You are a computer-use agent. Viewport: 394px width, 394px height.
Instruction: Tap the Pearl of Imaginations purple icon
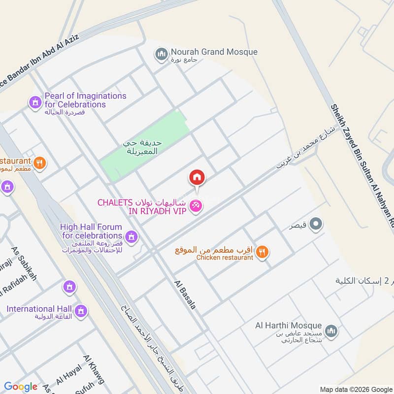point(35,102)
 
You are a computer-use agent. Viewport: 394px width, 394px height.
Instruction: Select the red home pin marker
point(197,177)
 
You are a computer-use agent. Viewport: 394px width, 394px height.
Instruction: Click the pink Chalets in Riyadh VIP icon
point(196,207)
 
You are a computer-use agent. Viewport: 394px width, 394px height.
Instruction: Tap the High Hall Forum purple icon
point(131,238)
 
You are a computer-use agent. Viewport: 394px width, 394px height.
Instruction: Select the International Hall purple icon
point(82,311)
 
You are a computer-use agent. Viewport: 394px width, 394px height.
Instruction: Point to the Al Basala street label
point(185,295)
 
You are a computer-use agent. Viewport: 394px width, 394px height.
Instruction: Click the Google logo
point(21,387)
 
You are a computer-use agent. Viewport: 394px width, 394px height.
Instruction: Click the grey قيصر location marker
point(318,225)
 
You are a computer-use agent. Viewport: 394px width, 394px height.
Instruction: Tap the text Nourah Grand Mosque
point(214,52)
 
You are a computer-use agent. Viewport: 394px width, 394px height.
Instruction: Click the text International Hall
point(39,309)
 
